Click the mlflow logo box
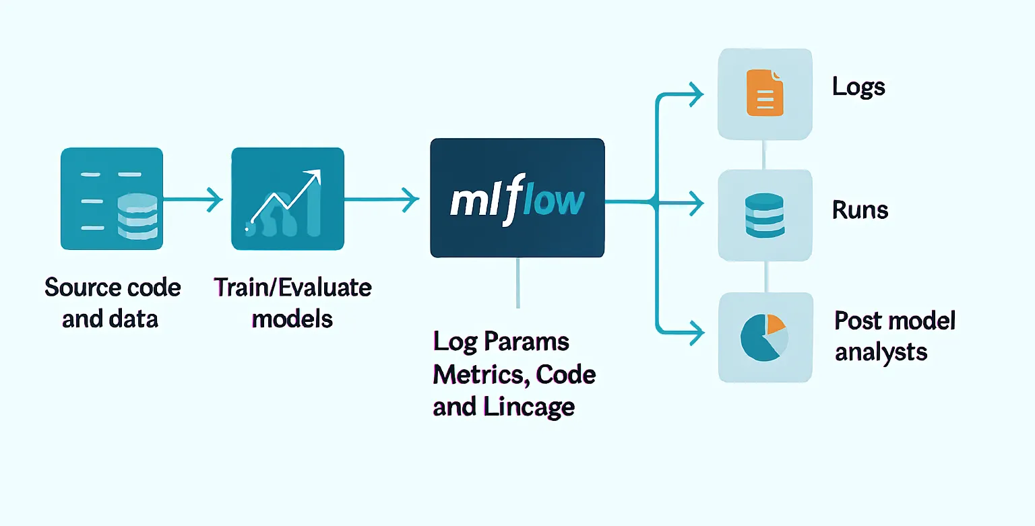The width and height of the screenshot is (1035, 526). pyautogui.click(x=517, y=198)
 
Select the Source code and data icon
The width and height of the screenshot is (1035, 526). pyautogui.click(x=111, y=199)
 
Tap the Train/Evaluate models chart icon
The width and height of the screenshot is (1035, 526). pyautogui.click(x=287, y=199)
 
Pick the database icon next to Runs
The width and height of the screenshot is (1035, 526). pyautogui.click(x=764, y=215)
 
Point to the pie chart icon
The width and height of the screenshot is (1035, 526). pyautogui.click(x=764, y=337)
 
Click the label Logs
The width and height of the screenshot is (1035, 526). pyautogui.click(x=858, y=87)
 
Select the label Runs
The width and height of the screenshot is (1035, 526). pyautogui.click(x=860, y=210)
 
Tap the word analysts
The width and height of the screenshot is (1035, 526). pyautogui.click(x=881, y=352)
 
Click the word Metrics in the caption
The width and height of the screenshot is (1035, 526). pyautogui.click(x=471, y=374)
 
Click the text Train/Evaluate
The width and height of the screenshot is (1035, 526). pyautogui.click(x=292, y=288)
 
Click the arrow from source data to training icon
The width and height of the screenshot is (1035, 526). pyautogui.click(x=192, y=199)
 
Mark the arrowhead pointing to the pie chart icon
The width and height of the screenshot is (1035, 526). pyautogui.click(x=696, y=331)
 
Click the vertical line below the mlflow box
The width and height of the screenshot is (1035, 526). pyautogui.click(x=517, y=283)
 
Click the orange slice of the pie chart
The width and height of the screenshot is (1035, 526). pyautogui.click(x=776, y=324)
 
